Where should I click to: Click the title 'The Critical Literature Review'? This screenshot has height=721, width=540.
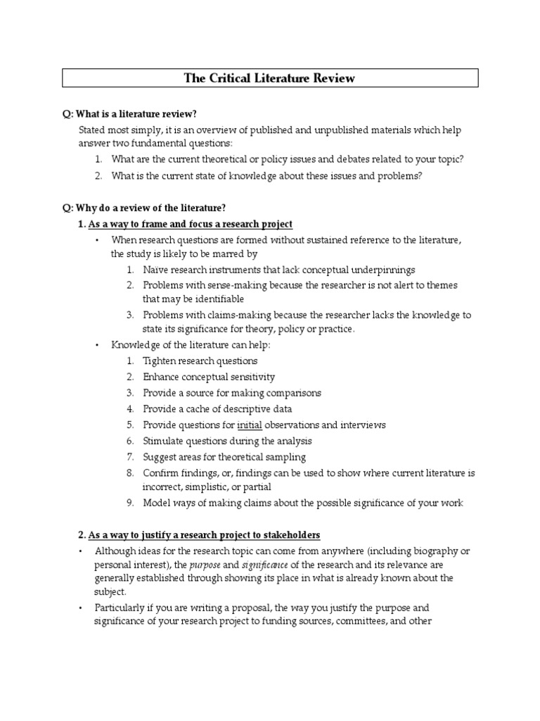pos(270,78)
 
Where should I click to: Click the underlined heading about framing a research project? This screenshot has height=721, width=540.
pos(190,224)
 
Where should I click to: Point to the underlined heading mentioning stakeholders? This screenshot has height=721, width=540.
pos(204,534)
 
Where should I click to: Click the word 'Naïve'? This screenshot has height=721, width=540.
pos(156,270)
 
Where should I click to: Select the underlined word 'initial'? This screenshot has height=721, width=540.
pos(250,425)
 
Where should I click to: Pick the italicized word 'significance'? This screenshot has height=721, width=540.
pos(265,565)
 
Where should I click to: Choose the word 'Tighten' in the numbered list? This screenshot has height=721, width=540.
pos(162,360)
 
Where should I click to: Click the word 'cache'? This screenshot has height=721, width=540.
pos(199,408)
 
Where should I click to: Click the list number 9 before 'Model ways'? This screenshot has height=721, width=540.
pos(130,503)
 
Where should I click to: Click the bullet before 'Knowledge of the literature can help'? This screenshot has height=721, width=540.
pos(98,344)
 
